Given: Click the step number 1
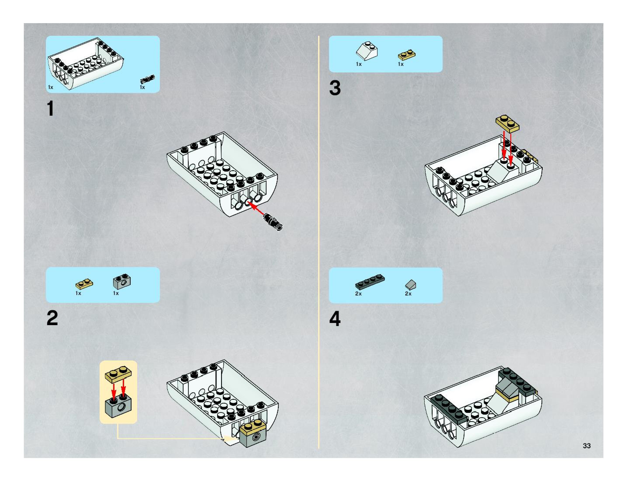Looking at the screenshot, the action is [x=50, y=108].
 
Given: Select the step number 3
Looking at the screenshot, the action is [x=335, y=88].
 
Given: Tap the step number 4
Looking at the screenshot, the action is [x=335, y=319].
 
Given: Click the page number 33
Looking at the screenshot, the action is [x=587, y=446].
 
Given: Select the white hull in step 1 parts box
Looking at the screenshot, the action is [x=86, y=63].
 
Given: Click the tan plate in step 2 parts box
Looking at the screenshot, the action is [x=84, y=284].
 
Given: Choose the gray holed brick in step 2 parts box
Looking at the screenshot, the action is [x=122, y=281].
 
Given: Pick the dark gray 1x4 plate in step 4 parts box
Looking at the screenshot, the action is [x=370, y=282].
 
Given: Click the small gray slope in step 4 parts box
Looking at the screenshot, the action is [x=410, y=285].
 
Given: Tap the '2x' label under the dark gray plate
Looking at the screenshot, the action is [x=358, y=294].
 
